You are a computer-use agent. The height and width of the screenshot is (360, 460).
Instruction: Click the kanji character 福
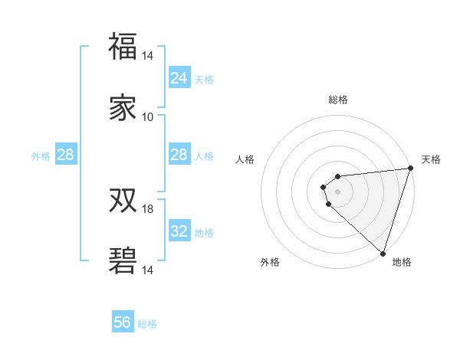tap(123, 47)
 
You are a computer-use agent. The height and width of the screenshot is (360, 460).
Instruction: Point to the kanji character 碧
tap(123, 260)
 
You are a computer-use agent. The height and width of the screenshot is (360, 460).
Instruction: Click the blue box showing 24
tap(179, 78)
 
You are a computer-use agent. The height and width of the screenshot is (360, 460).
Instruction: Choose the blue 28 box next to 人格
tap(179, 155)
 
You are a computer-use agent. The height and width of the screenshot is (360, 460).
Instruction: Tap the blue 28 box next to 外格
tap(66, 155)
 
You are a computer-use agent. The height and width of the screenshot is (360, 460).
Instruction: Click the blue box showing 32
tap(179, 231)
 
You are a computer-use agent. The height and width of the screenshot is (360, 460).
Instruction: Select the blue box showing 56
tap(123, 322)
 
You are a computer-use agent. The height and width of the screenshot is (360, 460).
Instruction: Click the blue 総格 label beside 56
tap(147, 324)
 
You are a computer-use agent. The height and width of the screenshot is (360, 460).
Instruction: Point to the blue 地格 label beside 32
tap(204, 233)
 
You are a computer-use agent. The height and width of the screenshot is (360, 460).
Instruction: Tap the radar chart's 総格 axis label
tap(338, 100)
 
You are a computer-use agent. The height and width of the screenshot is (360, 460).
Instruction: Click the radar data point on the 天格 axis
tap(410, 169)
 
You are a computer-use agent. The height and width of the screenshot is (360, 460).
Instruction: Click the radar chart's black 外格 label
tap(270, 262)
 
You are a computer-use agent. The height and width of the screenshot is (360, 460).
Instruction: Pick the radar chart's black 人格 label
tap(245, 159)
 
